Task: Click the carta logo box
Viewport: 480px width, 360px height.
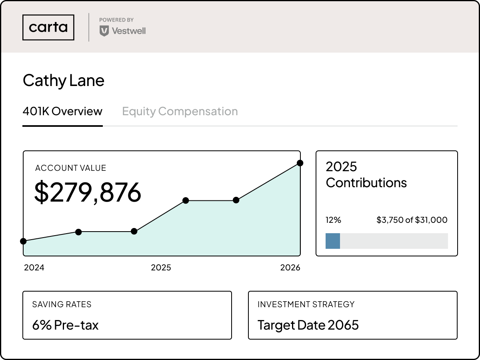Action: pyautogui.click(x=48, y=27)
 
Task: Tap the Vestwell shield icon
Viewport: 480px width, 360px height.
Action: pyautogui.click(x=104, y=31)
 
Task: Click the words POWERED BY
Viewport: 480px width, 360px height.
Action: pyautogui.click(x=116, y=20)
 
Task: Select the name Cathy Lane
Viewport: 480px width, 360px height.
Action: pyautogui.click(x=64, y=80)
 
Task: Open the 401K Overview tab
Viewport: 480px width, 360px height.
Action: pyautogui.click(x=62, y=111)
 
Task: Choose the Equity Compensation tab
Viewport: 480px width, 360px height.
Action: pyautogui.click(x=180, y=111)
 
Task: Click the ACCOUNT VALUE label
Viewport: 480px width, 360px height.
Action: pyautogui.click(x=71, y=168)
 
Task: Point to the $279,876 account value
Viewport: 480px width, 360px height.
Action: pyautogui.click(x=88, y=192)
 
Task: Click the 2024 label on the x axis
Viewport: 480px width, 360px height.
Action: pyautogui.click(x=34, y=268)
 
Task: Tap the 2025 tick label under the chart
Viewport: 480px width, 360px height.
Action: pyautogui.click(x=161, y=268)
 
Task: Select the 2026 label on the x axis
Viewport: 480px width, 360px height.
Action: pyautogui.click(x=290, y=268)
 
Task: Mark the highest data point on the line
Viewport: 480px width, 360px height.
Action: pyautogui.click(x=300, y=163)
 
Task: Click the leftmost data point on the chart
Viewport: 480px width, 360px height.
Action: pyautogui.click(x=23, y=241)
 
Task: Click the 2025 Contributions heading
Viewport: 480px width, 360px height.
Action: pyautogui.click(x=366, y=175)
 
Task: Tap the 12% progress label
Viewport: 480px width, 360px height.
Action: pyautogui.click(x=333, y=220)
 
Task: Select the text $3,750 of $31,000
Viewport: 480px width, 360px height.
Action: pyautogui.click(x=412, y=220)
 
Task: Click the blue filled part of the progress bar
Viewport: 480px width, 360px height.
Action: pyautogui.click(x=332, y=241)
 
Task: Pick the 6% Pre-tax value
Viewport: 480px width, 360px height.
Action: pyautogui.click(x=65, y=325)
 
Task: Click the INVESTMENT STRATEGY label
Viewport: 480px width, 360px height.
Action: pyautogui.click(x=306, y=304)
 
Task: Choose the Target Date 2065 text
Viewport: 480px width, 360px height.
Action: pyautogui.click(x=308, y=325)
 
